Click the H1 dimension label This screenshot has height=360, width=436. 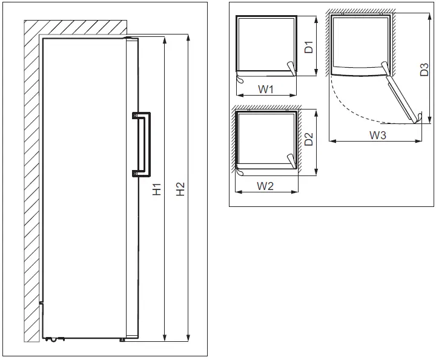coord(156,189)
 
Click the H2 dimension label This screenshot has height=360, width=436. coord(180,189)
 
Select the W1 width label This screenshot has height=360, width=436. coord(267,90)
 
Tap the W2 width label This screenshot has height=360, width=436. coord(265,186)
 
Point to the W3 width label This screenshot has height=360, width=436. coord(378,136)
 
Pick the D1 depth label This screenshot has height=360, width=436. coord(308,47)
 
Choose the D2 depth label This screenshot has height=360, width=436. coord(308,140)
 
